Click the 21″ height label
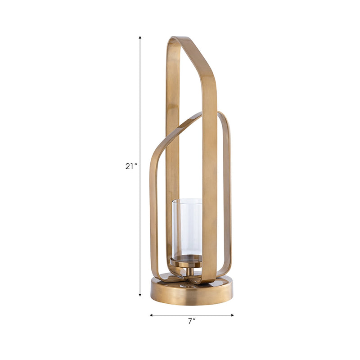[131, 166]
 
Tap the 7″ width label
[192, 321]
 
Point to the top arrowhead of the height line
[140, 38]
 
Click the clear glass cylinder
[187, 227]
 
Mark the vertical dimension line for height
[140, 112]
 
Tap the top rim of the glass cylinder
[187, 200]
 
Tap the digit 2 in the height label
[128, 166]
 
